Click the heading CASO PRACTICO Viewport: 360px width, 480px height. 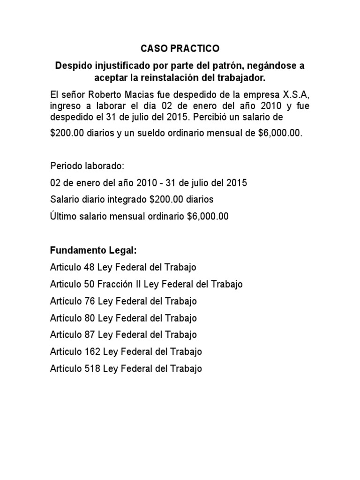(180, 49)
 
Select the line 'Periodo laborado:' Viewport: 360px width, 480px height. (87, 166)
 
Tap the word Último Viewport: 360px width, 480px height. (62, 217)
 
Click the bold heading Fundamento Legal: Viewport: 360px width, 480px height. (93, 250)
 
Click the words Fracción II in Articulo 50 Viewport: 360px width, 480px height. (119, 284)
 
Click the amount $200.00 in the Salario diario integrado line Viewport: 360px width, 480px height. (165, 200)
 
